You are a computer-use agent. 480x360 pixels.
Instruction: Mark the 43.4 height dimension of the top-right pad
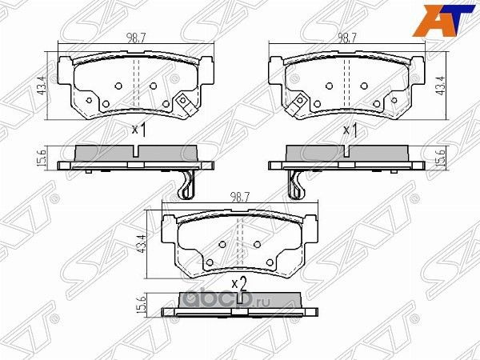439,82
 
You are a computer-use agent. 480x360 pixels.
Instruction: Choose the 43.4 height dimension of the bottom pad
142,242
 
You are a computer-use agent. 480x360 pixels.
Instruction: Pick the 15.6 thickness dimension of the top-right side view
439,159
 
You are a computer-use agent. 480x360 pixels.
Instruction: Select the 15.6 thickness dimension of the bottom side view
142,305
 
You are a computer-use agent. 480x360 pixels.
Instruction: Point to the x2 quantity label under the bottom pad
238,283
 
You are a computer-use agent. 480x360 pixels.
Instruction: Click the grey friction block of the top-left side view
134,152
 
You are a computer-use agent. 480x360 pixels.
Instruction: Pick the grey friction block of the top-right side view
346,152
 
